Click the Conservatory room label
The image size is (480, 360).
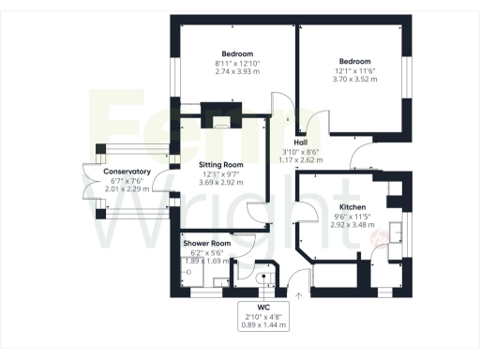[127, 172]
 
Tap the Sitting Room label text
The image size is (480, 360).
[221, 164]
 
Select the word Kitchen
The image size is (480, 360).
[352, 207]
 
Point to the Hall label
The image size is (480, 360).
[302, 142]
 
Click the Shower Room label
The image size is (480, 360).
[207, 243]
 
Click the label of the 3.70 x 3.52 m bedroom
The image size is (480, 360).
[355, 61]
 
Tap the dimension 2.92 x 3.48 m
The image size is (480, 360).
[352, 226]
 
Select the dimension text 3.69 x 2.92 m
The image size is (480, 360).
[221, 182]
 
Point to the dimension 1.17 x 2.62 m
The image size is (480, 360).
[302, 160]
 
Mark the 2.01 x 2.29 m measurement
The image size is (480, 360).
[127, 189]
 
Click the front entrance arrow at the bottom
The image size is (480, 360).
[299, 296]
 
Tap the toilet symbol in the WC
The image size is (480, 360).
[264, 277]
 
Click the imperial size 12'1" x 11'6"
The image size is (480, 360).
[355, 70]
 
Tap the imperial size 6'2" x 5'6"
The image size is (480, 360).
[207, 252]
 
